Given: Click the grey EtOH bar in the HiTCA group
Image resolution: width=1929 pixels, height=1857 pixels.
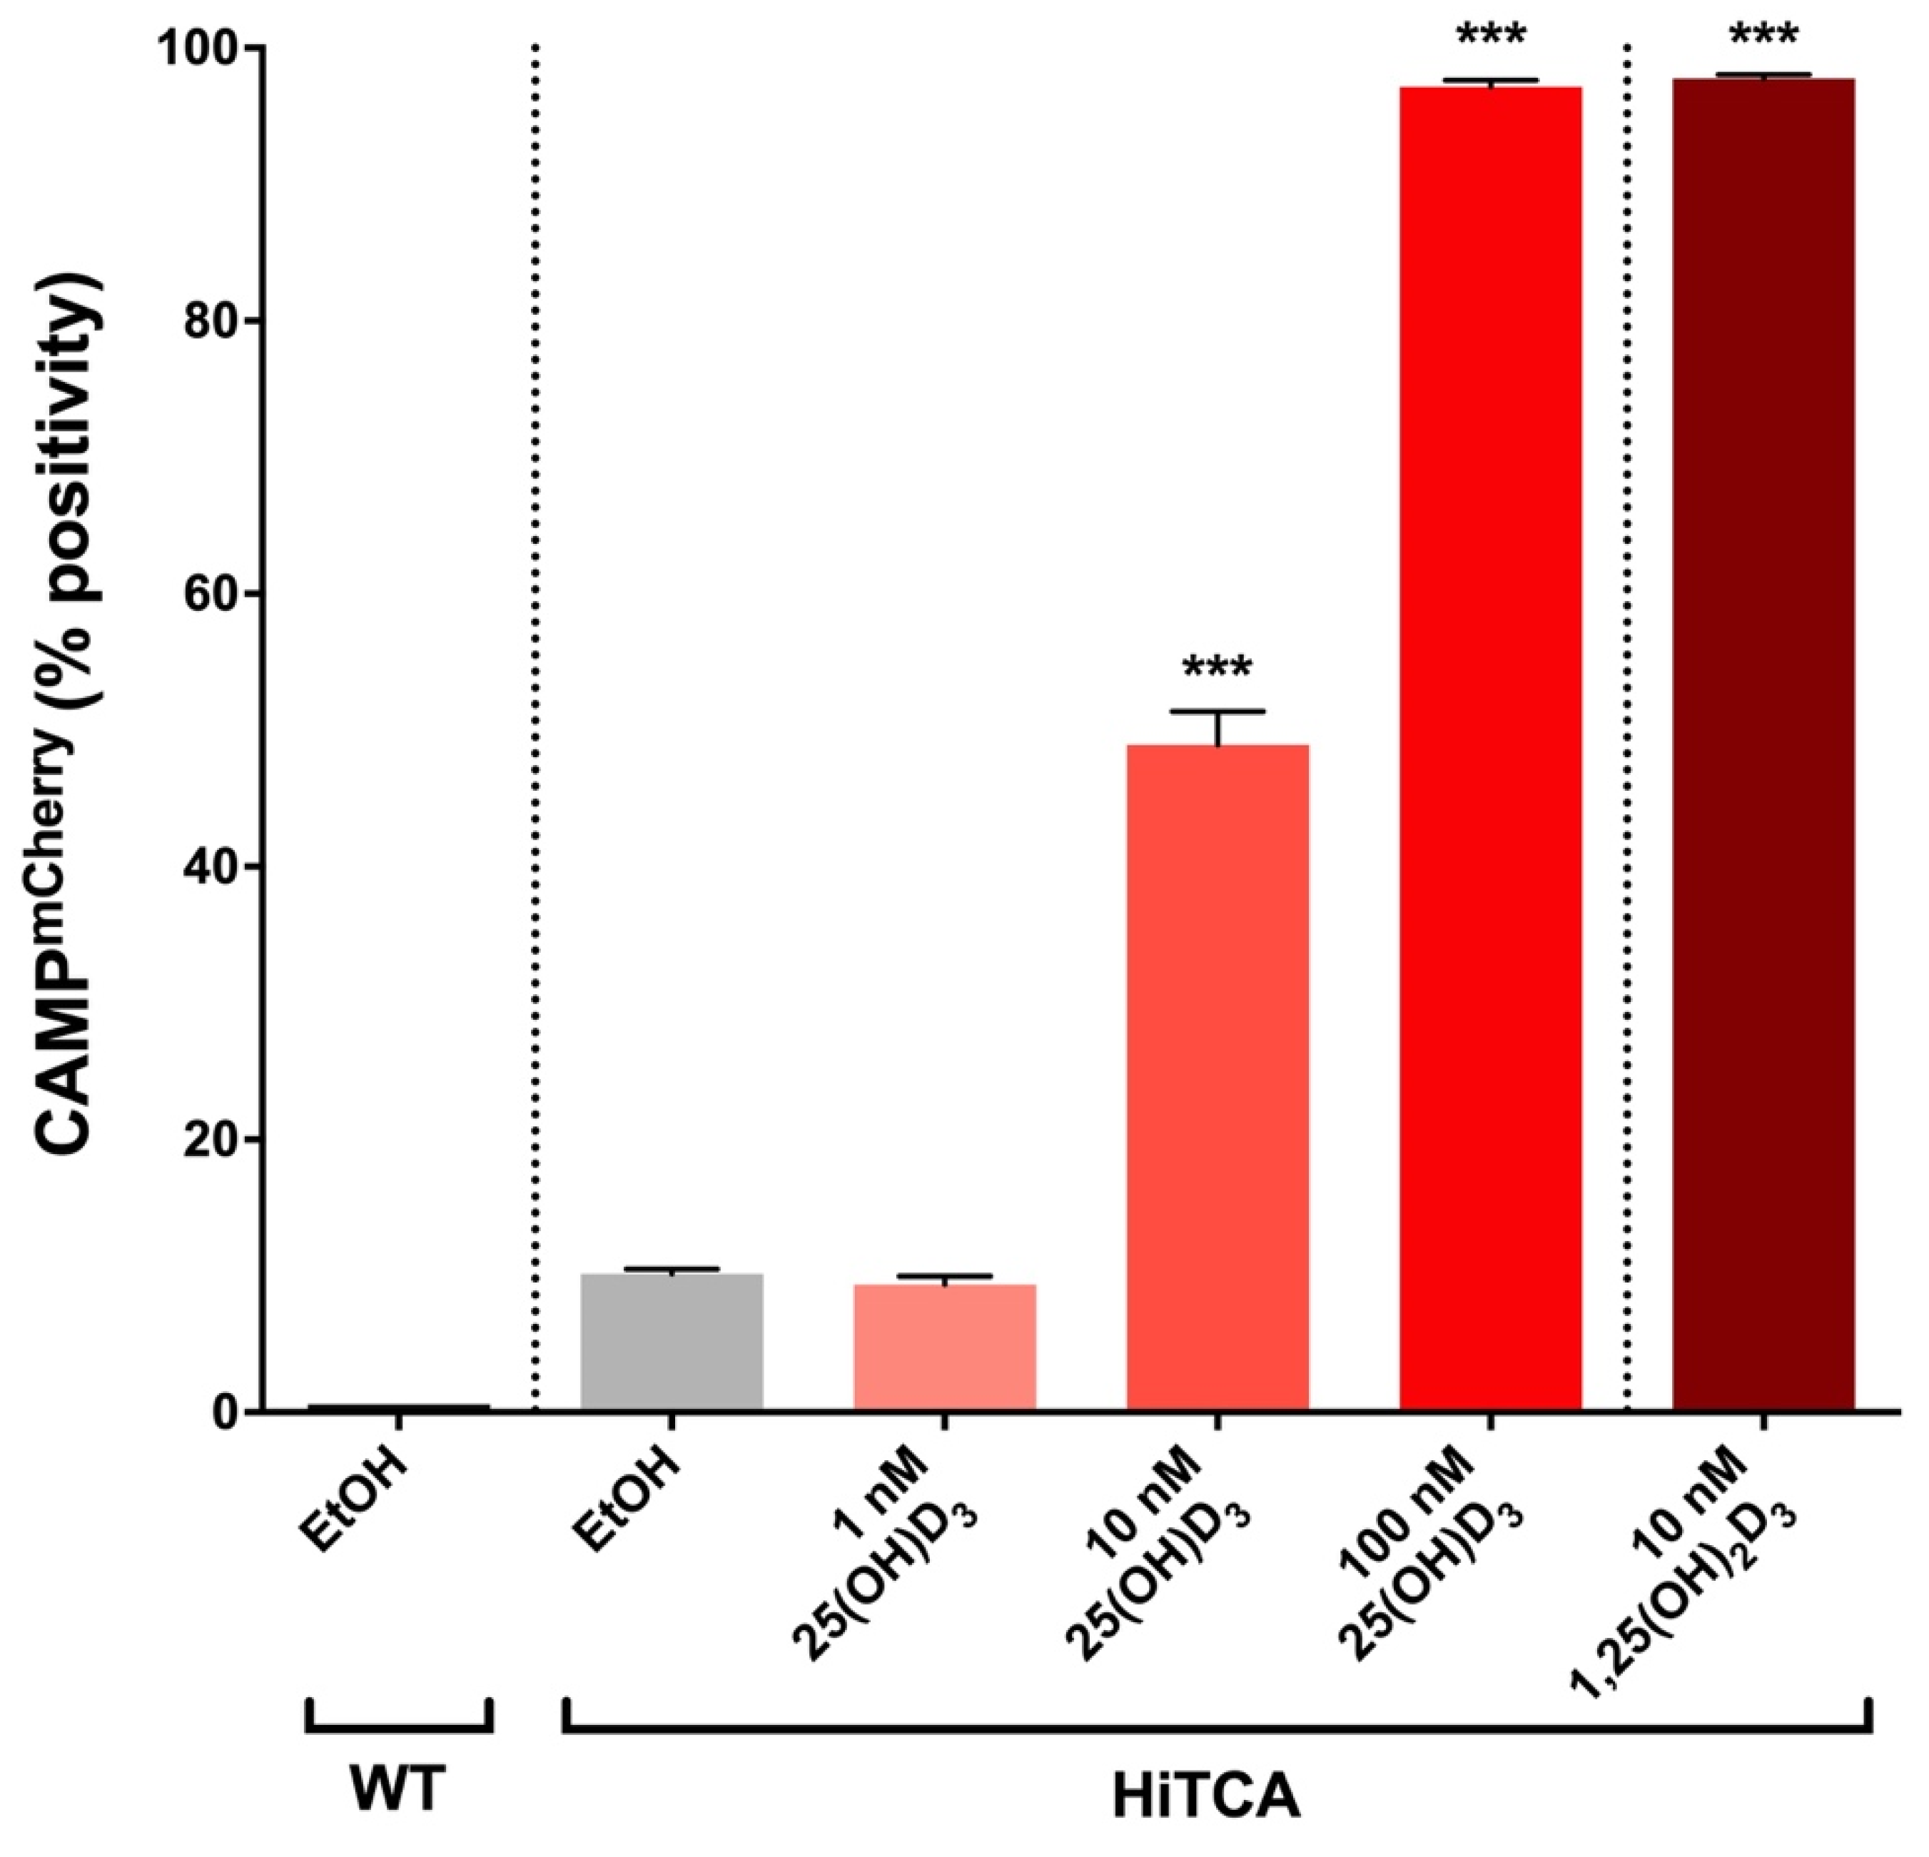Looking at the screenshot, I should click(672, 1342).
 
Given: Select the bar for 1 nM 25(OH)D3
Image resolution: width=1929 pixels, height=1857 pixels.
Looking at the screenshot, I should click(944, 1347).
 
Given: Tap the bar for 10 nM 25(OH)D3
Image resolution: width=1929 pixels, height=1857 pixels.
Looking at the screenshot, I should click(1217, 1078).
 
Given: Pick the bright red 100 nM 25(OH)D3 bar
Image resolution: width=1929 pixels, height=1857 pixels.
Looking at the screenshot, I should click(1489, 748).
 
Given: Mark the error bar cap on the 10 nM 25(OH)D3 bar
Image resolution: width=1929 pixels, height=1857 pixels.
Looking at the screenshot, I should click(1217, 711).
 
